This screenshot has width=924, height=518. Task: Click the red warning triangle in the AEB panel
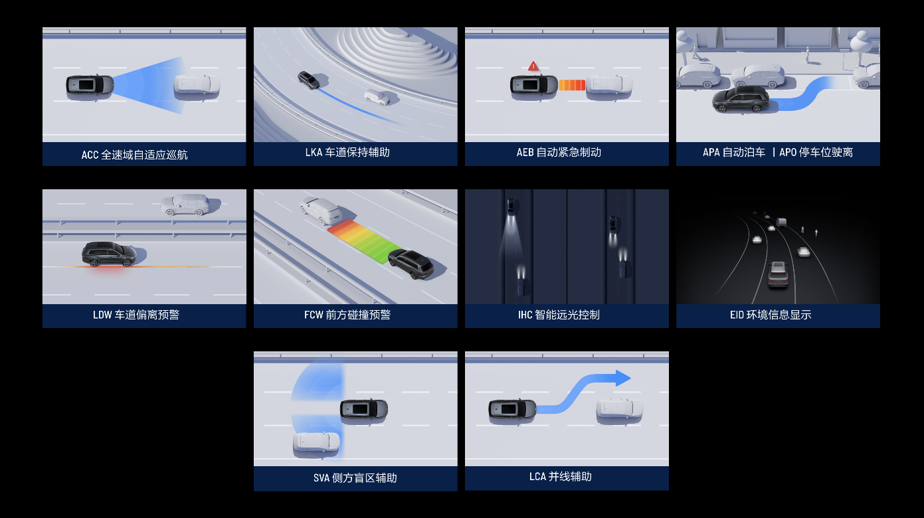click(x=533, y=66)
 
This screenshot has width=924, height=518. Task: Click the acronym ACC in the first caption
click(x=90, y=155)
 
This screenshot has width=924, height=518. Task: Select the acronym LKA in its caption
click(x=314, y=153)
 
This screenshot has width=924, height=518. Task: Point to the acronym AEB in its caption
click(x=525, y=153)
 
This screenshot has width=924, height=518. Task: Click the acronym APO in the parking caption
click(x=788, y=153)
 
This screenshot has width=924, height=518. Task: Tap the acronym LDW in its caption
click(x=102, y=315)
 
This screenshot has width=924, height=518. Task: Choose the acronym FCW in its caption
click(x=314, y=315)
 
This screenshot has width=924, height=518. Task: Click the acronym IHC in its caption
click(x=525, y=315)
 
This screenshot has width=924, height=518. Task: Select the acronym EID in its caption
click(x=737, y=315)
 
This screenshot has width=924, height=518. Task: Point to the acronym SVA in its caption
click(x=321, y=478)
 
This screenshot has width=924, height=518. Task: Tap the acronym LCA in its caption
click(x=538, y=477)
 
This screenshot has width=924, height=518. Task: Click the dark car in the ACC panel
click(x=90, y=86)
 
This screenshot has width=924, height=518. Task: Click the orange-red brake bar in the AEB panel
click(x=572, y=85)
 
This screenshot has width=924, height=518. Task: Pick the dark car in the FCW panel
click(x=411, y=264)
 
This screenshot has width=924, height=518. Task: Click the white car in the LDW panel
click(x=185, y=205)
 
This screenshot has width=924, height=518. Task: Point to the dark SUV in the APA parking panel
click(x=741, y=100)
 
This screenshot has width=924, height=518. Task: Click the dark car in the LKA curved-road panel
click(x=308, y=80)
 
